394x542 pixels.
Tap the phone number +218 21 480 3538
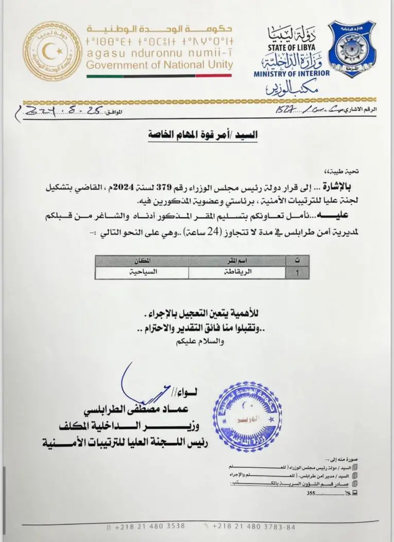[149, 527]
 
